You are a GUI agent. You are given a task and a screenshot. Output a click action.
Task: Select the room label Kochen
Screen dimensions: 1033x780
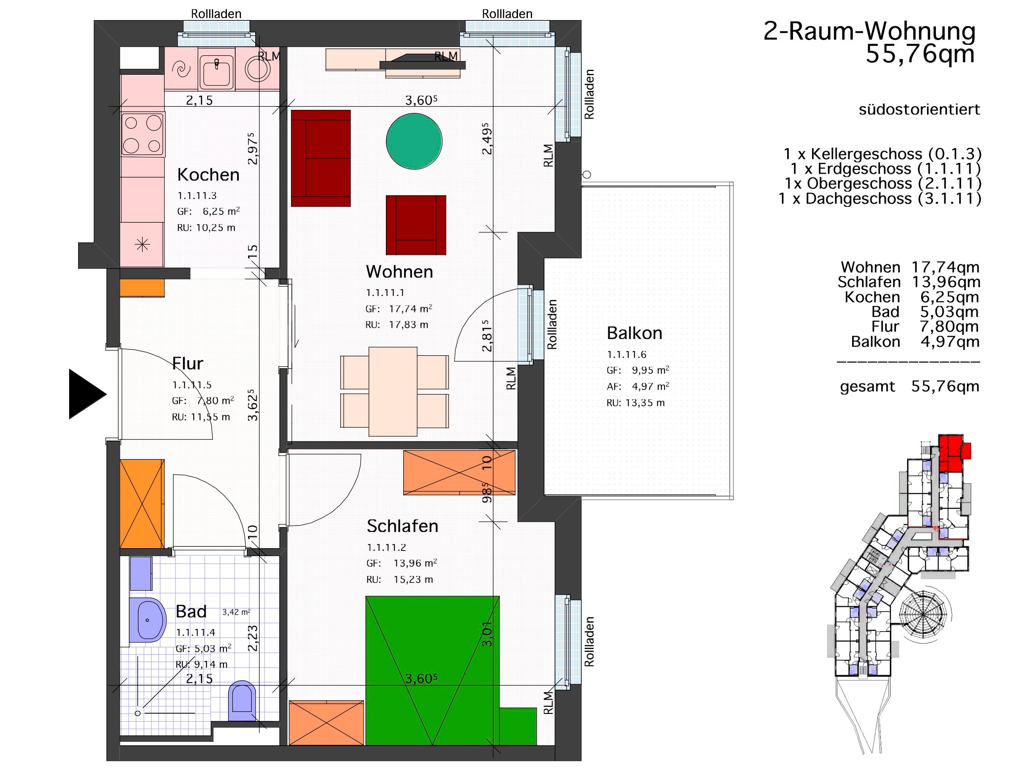208,175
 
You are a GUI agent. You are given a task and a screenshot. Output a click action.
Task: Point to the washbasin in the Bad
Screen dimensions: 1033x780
148,620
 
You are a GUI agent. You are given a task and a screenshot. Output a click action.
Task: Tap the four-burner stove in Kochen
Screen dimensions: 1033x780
142,134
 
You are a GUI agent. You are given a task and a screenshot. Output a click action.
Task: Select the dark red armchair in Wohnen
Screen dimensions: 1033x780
416,225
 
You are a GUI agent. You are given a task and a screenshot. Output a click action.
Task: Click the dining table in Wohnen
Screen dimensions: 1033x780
393,392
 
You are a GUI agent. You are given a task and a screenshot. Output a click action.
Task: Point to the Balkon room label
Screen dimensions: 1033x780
634,333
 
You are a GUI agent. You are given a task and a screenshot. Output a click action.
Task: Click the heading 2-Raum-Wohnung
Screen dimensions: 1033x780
870,31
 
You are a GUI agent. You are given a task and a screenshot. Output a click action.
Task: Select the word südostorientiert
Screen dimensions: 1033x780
919,109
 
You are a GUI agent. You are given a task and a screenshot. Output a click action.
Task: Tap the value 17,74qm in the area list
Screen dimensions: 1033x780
946,267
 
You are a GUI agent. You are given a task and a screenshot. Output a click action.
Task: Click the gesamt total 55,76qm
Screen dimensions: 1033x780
945,386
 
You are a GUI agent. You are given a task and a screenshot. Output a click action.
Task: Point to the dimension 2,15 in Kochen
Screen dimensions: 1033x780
199,100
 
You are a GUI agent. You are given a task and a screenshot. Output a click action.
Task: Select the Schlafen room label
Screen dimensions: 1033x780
402,526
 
